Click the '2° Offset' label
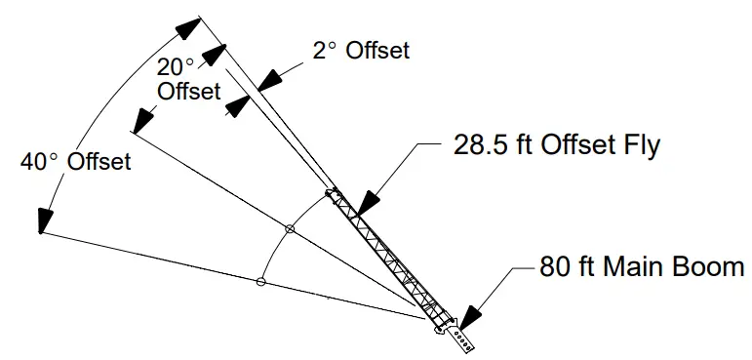click(x=362, y=51)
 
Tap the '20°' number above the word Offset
click(x=176, y=67)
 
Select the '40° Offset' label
click(x=75, y=162)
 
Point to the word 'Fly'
click(x=640, y=146)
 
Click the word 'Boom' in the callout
click(x=709, y=266)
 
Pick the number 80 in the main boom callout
click(x=553, y=266)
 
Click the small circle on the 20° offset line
click(x=289, y=229)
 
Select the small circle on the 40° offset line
click(x=259, y=282)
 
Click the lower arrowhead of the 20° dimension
click(x=142, y=122)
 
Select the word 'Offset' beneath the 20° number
click(x=189, y=91)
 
